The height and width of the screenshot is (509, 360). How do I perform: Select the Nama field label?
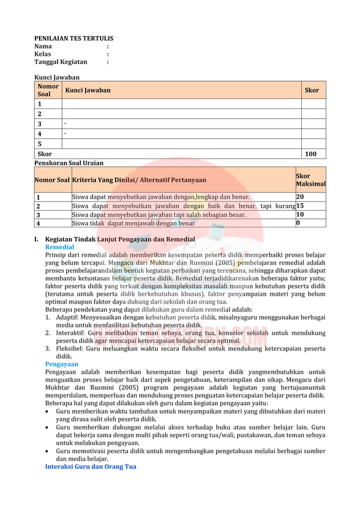[43, 46]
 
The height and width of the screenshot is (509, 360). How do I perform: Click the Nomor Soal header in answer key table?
[48, 90]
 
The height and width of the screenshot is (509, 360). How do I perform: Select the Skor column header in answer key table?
[311, 90]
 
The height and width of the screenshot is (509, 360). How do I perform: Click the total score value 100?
[310, 154]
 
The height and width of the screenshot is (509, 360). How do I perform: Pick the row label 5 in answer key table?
[39, 144]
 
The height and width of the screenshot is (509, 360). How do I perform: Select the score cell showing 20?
[300, 197]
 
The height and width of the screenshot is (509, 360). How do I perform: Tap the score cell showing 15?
[300, 206]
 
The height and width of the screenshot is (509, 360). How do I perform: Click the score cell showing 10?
[300, 214]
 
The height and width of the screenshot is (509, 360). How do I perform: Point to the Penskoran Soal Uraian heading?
[69, 163]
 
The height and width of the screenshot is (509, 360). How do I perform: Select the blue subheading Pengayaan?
[62, 364]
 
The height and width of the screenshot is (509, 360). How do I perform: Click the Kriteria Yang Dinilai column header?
[139, 180]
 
